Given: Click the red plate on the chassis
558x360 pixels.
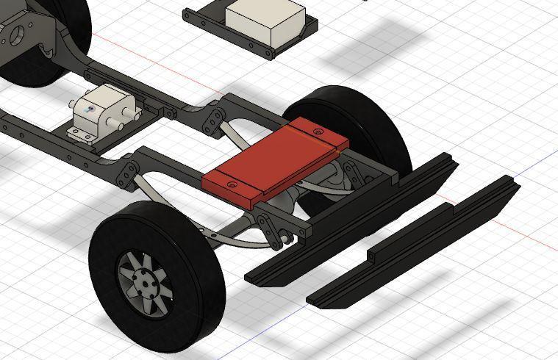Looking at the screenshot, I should click(x=272, y=158).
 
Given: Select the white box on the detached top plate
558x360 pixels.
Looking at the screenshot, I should click(x=265, y=21).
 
